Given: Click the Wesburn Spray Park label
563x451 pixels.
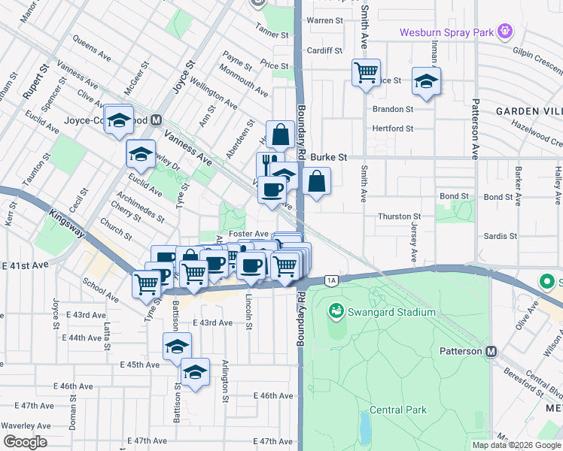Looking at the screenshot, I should tap(447, 32).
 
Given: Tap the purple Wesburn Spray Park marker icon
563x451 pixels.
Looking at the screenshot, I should tap(504, 32).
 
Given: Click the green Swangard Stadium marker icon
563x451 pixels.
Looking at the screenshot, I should tap(336, 310).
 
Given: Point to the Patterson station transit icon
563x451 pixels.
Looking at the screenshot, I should tap(491, 352).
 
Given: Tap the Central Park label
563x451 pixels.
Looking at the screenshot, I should tap(398, 410).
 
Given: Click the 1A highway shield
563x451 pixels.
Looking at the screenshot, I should tap(331, 280).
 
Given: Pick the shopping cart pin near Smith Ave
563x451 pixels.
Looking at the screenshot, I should tap(366, 74).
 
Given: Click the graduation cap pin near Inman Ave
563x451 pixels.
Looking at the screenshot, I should tap(426, 82).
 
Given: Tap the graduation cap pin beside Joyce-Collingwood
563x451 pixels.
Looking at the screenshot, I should tap(119, 120).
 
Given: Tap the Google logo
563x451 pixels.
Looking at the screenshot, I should tap(24, 442).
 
